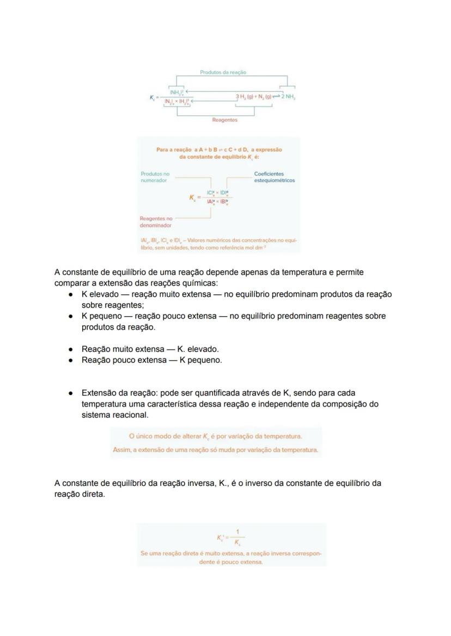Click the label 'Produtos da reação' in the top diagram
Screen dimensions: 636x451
click(x=223, y=72)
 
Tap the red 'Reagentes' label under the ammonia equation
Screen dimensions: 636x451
click(x=224, y=120)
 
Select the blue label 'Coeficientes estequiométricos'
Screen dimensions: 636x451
click(x=275, y=177)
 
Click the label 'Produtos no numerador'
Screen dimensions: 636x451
click(x=155, y=177)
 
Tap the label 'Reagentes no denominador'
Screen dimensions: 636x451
click(x=156, y=222)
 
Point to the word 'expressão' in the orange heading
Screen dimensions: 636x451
click(x=267, y=150)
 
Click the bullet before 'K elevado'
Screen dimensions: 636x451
click(x=71, y=294)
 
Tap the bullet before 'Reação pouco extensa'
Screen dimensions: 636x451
click(x=71, y=360)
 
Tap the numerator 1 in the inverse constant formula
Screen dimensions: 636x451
click(x=237, y=532)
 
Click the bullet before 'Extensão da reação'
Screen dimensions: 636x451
click(x=71, y=393)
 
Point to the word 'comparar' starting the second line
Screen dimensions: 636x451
click(x=71, y=283)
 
